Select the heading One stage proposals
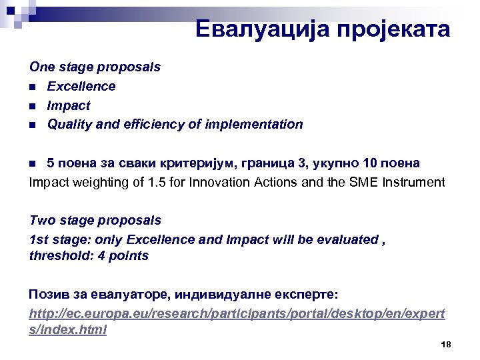(x=95, y=67)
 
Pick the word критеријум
(x=175, y=163)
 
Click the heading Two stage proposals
(x=95, y=220)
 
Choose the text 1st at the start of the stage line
(x=39, y=239)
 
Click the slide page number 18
(x=446, y=344)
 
